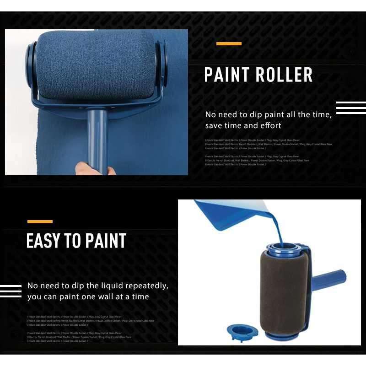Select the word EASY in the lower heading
[43, 241]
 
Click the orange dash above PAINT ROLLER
[229, 44]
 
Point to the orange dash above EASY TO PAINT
[40, 222]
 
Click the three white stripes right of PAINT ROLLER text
[351, 108]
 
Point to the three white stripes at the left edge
[11, 291]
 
